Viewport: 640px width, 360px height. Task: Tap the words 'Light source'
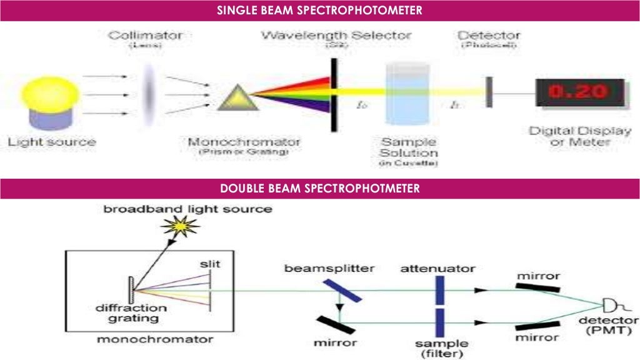[x=52, y=142]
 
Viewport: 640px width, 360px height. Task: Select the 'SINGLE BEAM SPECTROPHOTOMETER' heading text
[x=319, y=10]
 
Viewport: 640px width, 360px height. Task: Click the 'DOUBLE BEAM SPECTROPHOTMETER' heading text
[x=319, y=188]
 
